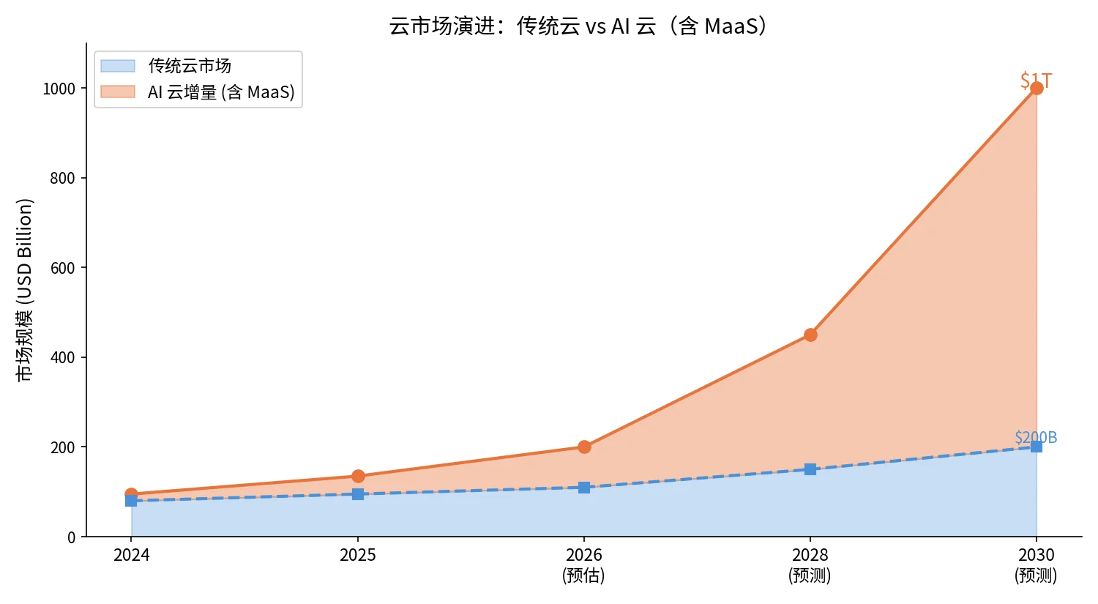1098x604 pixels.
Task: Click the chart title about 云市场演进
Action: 578,26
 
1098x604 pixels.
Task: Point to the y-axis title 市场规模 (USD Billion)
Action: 24,290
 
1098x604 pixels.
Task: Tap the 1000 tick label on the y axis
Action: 59,89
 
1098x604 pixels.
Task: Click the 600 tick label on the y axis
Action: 63,268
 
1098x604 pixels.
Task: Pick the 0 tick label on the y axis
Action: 71,537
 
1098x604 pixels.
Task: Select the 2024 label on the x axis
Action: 131,555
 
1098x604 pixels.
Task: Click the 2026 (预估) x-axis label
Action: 584,565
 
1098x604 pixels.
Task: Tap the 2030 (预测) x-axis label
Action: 1037,565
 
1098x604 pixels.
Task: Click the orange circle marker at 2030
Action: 1037,89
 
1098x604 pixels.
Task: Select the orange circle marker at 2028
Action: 810,335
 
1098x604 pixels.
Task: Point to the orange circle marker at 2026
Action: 584,447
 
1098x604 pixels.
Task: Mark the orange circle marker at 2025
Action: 358,476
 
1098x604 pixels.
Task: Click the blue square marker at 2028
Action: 810,469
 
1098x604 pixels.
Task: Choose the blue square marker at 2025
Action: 358,493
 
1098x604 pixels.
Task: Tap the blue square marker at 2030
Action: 1037,447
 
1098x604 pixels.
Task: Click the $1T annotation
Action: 1037,81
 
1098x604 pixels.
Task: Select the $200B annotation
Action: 1036,437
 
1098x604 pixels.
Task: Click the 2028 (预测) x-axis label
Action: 810,565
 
